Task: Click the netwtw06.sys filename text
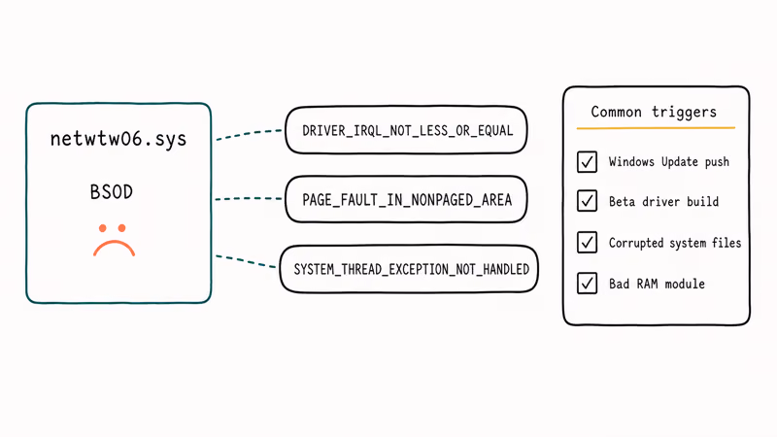[x=118, y=139]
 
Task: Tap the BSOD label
[x=112, y=191]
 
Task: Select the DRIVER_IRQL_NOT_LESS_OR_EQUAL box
[x=406, y=130]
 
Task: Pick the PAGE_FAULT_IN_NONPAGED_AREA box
[x=406, y=199]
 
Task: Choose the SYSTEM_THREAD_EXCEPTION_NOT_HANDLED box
[x=409, y=269]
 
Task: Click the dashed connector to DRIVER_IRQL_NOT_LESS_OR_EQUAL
[x=249, y=134]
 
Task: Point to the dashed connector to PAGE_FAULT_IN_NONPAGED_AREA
[x=249, y=199]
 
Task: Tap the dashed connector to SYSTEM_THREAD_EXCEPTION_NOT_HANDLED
[x=246, y=261]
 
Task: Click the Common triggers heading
[x=654, y=112]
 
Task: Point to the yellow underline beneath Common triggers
[x=656, y=128]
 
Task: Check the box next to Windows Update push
[x=588, y=161]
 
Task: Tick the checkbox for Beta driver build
[x=588, y=201]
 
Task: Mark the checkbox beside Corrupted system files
[x=588, y=242]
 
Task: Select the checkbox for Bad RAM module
[x=588, y=284]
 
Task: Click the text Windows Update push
[x=669, y=162]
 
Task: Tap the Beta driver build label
[x=663, y=202]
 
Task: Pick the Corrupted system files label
[x=675, y=243]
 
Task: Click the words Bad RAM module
[x=657, y=284]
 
